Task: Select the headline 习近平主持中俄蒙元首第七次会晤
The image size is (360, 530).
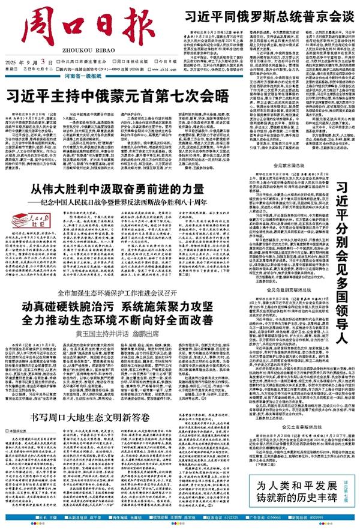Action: pos(118,95)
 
